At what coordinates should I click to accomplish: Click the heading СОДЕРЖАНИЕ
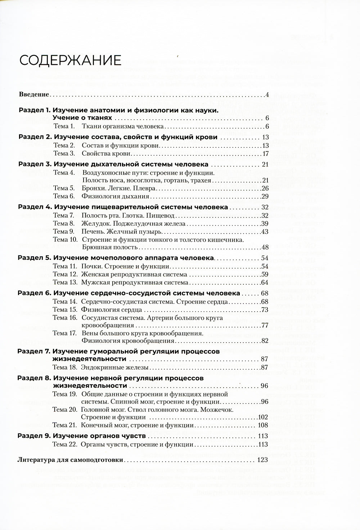click(70, 60)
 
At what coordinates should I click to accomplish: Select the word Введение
click(33, 95)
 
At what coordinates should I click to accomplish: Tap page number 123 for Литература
click(263, 460)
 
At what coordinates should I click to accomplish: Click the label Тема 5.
click(64, 188)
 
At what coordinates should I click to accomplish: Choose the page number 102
click(263, 417)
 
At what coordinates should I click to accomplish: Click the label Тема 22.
click(65, 445)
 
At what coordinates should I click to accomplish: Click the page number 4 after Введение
click(267, 95)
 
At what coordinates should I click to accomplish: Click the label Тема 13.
click(65, 282)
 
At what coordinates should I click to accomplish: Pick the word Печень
click(93, 231)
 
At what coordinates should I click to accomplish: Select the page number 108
click(263, 425)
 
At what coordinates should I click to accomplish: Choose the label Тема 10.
click(65, 240)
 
